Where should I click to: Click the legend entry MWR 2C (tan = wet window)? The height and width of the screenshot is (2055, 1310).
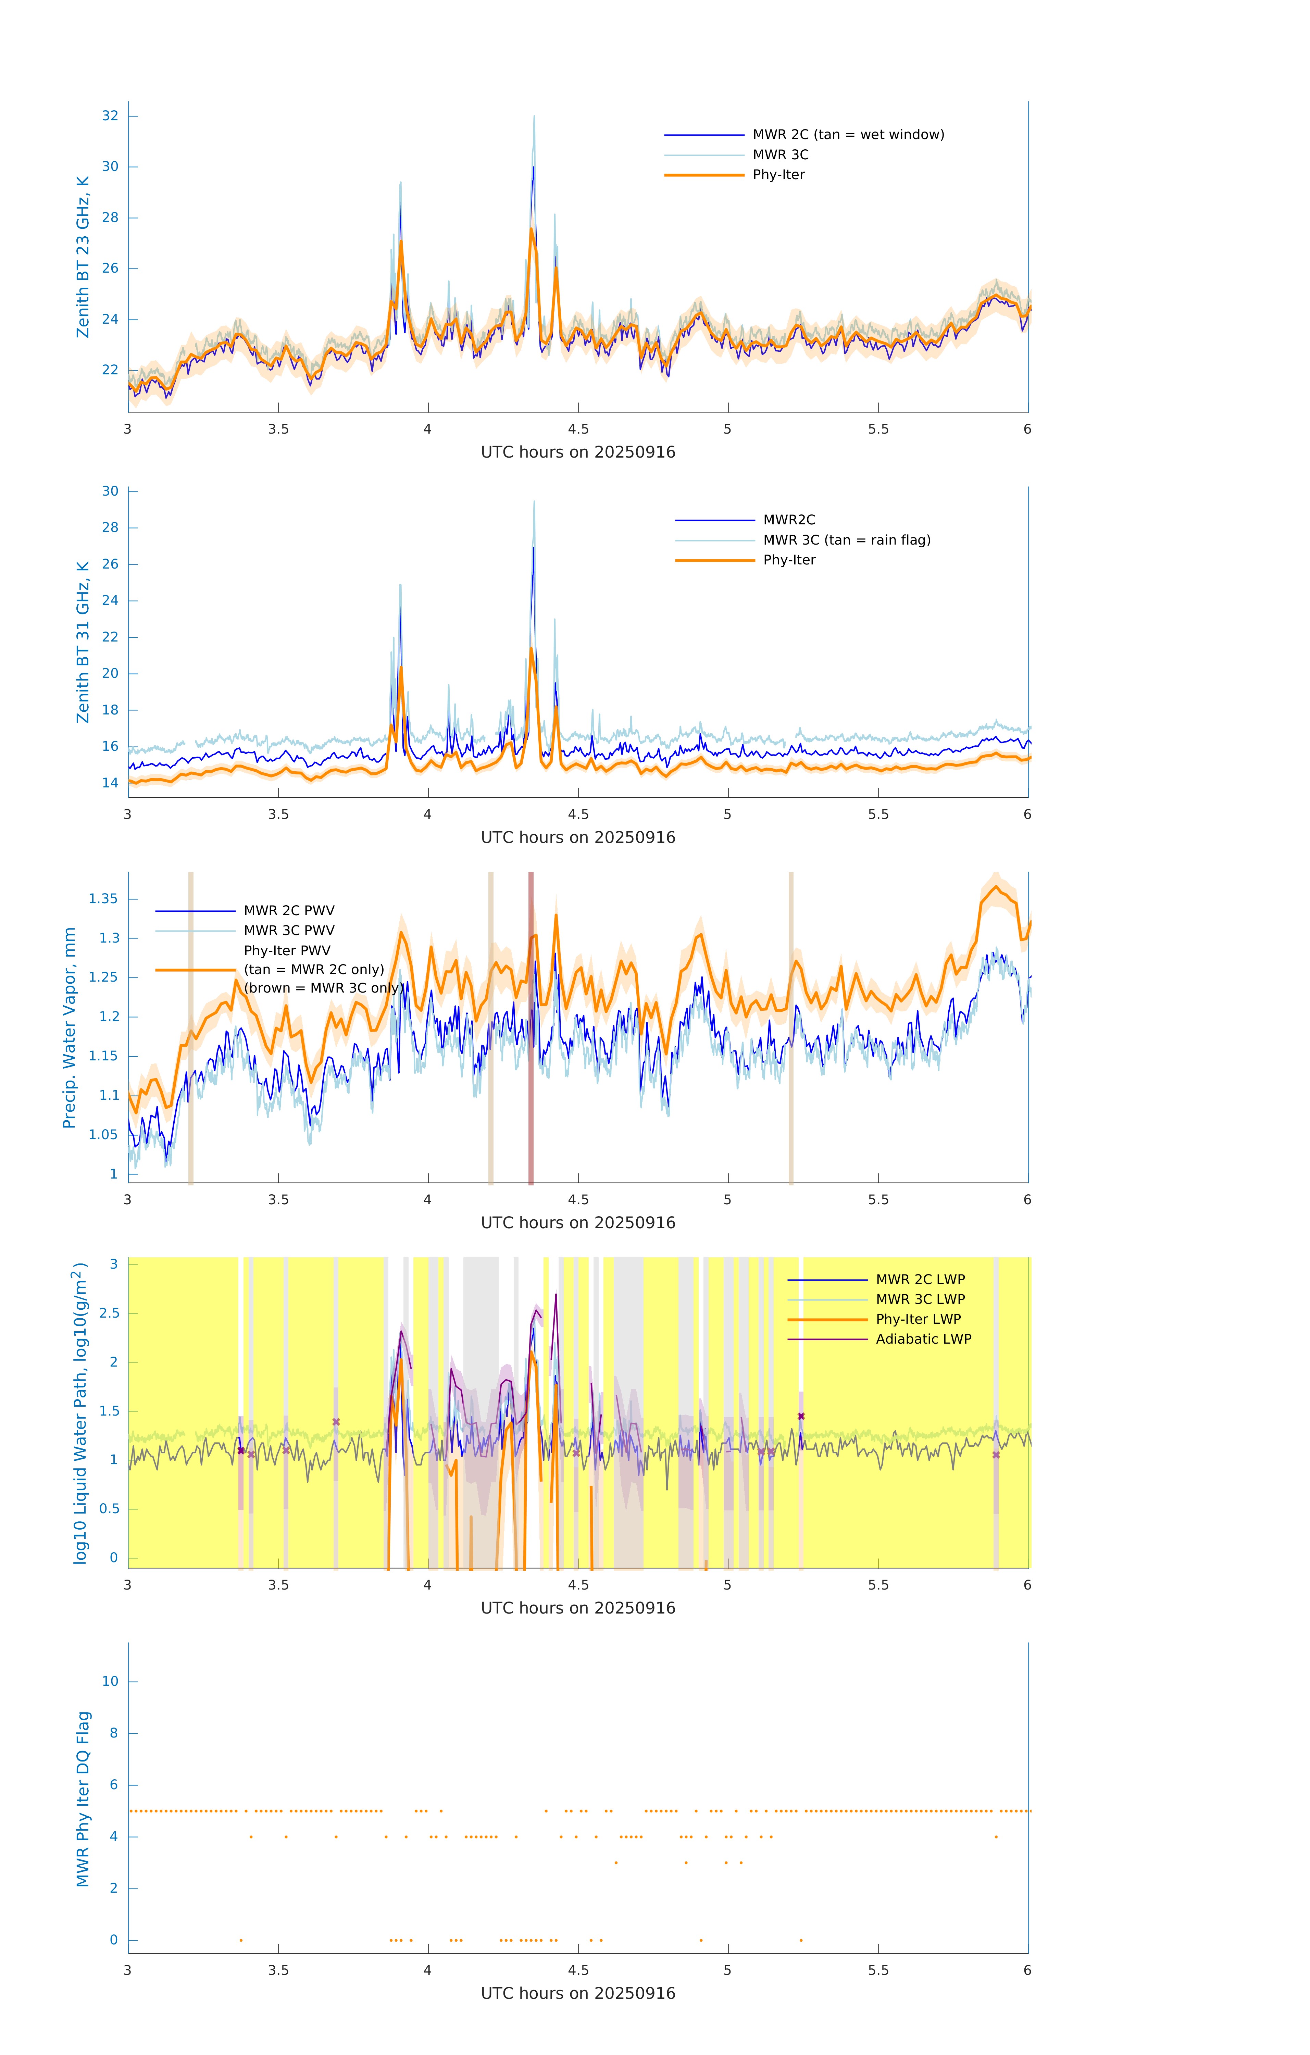click(x=847, y=135)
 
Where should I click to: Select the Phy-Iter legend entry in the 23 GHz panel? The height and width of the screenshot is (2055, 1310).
click(x=778, y=175)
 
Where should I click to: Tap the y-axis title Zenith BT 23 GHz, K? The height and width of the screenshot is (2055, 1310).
click(x=83, y=257)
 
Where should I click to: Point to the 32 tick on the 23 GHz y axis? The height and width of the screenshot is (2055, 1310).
click(x=110, y=116)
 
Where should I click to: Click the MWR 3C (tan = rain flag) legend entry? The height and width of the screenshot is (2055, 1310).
click(x=847, y=540)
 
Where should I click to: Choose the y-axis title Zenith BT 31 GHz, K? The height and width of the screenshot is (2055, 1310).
click(x=83, y=642)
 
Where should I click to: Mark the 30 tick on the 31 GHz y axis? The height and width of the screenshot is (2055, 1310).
click(x=110, y=491)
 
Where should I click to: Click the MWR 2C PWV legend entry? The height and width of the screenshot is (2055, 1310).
click(x=288, y=911)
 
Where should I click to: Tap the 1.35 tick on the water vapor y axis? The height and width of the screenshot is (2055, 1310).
click(x=103, y=899)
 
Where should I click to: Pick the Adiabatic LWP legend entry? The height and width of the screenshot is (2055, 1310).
click(x=923, y=1339)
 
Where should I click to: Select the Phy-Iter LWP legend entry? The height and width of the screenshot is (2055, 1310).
click(x=918, y=1319)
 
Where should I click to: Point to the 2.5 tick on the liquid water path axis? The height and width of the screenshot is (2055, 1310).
click(x=109, y=1313)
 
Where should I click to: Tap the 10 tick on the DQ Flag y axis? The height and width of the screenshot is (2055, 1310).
click(x=110, y=1681)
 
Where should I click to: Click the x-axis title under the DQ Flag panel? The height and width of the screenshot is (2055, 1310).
click(x=578, y=1994)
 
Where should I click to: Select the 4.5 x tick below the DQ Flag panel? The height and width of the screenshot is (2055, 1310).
click(x=578, y=1970)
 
